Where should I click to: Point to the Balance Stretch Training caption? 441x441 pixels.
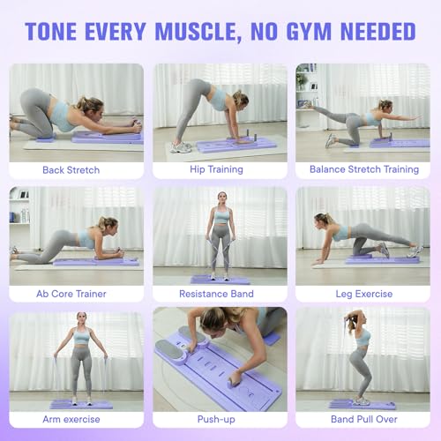pyautogui.click(x=363, y=168)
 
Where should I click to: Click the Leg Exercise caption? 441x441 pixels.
pyautogui.click(x=363, y=293)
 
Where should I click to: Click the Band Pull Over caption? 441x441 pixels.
pyautogui.click(x=363, y=420)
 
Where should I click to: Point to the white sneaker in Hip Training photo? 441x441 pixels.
pyautogui.click(x=180, y=146)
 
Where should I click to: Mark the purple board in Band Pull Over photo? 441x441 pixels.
pyautogui.click(x=363, y=405)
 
